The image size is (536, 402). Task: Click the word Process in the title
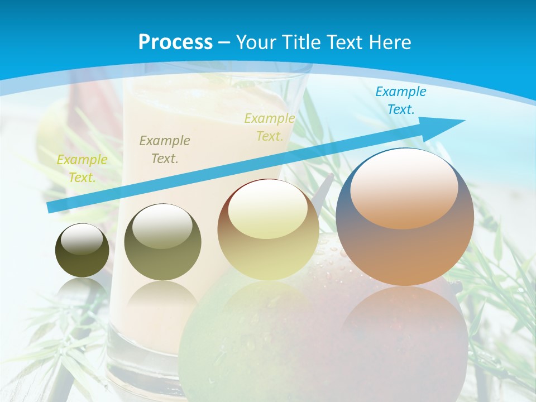[x=175, y=42]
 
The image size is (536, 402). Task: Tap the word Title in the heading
[x=300, y=42]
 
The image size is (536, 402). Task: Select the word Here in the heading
[x=389, y=42]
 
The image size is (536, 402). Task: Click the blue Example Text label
[x=400, y=100]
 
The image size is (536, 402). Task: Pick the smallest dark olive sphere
[x=82, y=251]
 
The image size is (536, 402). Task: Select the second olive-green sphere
[x=162, y=242]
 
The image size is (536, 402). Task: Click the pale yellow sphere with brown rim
[x=268, y=230]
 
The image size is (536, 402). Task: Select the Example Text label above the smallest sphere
[x=82, y=169]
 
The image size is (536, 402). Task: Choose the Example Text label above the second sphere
[x=165, y=150]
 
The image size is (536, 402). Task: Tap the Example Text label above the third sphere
[x=270, y=127]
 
